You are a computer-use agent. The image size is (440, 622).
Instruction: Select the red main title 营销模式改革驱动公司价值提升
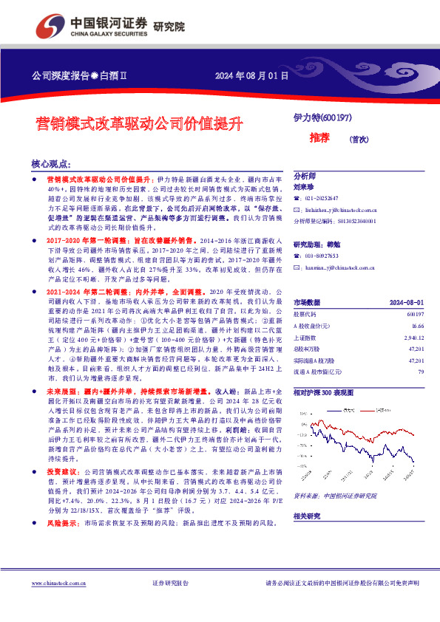coord(140,123)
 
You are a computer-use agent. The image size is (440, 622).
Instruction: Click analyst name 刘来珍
coord(303,187)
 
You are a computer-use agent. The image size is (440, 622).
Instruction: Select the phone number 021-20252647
coord(322,199)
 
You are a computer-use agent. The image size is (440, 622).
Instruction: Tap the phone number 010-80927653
coord(322,256)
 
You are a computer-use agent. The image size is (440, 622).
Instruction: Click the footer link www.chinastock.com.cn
coord(61,583)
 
